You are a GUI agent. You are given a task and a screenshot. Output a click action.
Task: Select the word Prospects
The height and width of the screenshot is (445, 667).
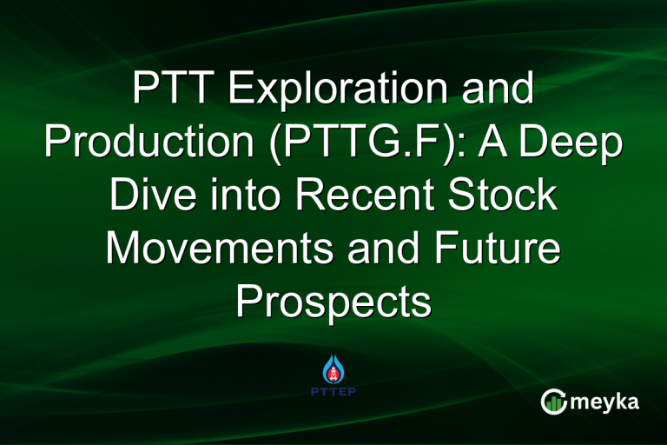point(333,302)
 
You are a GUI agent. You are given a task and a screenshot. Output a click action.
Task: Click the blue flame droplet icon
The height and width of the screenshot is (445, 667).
point(333,366)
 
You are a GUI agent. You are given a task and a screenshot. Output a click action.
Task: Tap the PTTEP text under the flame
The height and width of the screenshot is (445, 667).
point(333,390)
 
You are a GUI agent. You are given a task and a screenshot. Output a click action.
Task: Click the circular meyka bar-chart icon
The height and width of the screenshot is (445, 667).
point(553,402)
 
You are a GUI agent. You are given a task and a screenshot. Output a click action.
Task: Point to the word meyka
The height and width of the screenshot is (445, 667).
point(607,402)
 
